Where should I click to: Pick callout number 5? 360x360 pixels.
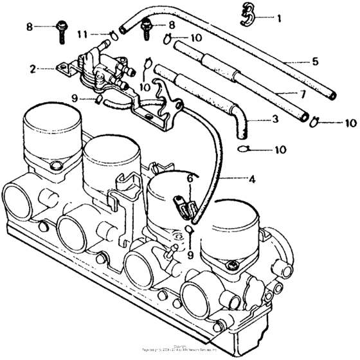(314, 62)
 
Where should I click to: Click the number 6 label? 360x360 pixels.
(190, 177)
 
